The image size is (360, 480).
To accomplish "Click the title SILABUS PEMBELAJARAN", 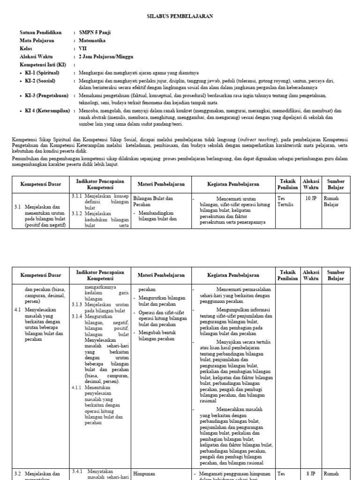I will [x=180, y=16].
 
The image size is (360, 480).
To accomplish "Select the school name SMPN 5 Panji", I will [x=95, y=32].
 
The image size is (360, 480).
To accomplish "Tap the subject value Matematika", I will [x=92, y=40].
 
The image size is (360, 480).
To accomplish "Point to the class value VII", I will [x=82, y=48].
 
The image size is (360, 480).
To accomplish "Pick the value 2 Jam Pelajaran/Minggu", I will [x=106, y=56].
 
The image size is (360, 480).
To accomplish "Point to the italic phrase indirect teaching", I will [x=257, y=139].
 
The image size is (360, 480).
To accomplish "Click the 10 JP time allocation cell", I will [x=311, y=198].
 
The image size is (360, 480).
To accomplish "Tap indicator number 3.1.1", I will [x=76, y=195].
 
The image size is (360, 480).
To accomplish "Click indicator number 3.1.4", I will [x=76, y=316].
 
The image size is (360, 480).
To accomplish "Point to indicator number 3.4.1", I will [x=77, y=471].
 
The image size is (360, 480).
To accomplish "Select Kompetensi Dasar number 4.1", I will [x=18, y=310].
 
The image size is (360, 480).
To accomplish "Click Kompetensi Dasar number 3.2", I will [x=18, y=474].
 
